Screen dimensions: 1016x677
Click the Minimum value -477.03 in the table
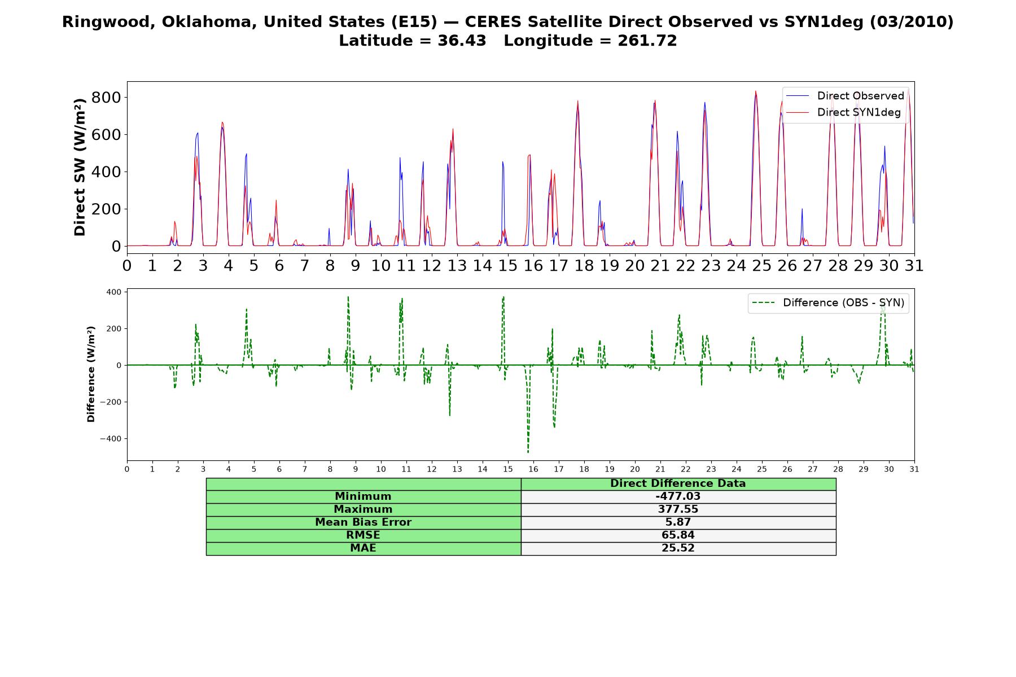(678, 496)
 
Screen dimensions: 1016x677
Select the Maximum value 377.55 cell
(678, 509)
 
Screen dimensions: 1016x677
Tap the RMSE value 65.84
(678, 535)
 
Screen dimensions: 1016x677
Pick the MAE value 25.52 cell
(678, 548)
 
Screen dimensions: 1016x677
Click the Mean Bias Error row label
(363, 522)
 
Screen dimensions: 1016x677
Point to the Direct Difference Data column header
(678, 483)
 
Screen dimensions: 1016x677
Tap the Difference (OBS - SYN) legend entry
(829, 303)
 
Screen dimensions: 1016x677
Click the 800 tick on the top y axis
(106, 98)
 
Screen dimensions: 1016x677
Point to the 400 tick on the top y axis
(106, 172)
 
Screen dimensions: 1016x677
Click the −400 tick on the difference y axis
(110, 439)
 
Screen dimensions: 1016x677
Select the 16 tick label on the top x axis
(533, 265)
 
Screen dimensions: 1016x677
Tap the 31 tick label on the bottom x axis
(914, 469)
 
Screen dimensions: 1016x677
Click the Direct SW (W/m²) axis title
(80, 167)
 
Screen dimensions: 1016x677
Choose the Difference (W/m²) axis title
(91, 374)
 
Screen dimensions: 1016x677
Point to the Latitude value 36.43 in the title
(462, 41)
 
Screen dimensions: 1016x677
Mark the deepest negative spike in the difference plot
(528, 452)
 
